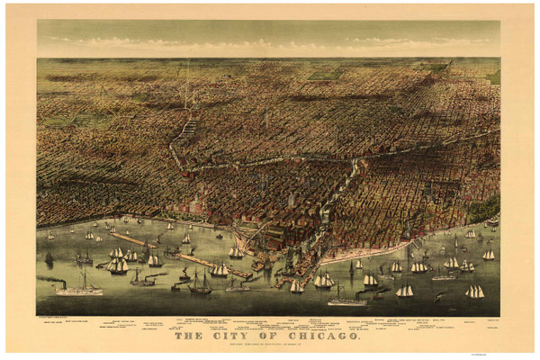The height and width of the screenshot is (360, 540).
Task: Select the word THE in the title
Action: click(x=190, y=335)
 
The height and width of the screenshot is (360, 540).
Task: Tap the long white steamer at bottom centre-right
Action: click(x=346, y=301)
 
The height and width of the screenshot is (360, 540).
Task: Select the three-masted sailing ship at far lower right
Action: click(x=474, y=291)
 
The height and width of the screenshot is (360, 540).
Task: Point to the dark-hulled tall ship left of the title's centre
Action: click(x=200, y=286)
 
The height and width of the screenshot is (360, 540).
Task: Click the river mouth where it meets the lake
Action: click(x=270, y=261)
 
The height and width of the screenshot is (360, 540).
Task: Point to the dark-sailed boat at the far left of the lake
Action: click(x=49, y=257)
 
